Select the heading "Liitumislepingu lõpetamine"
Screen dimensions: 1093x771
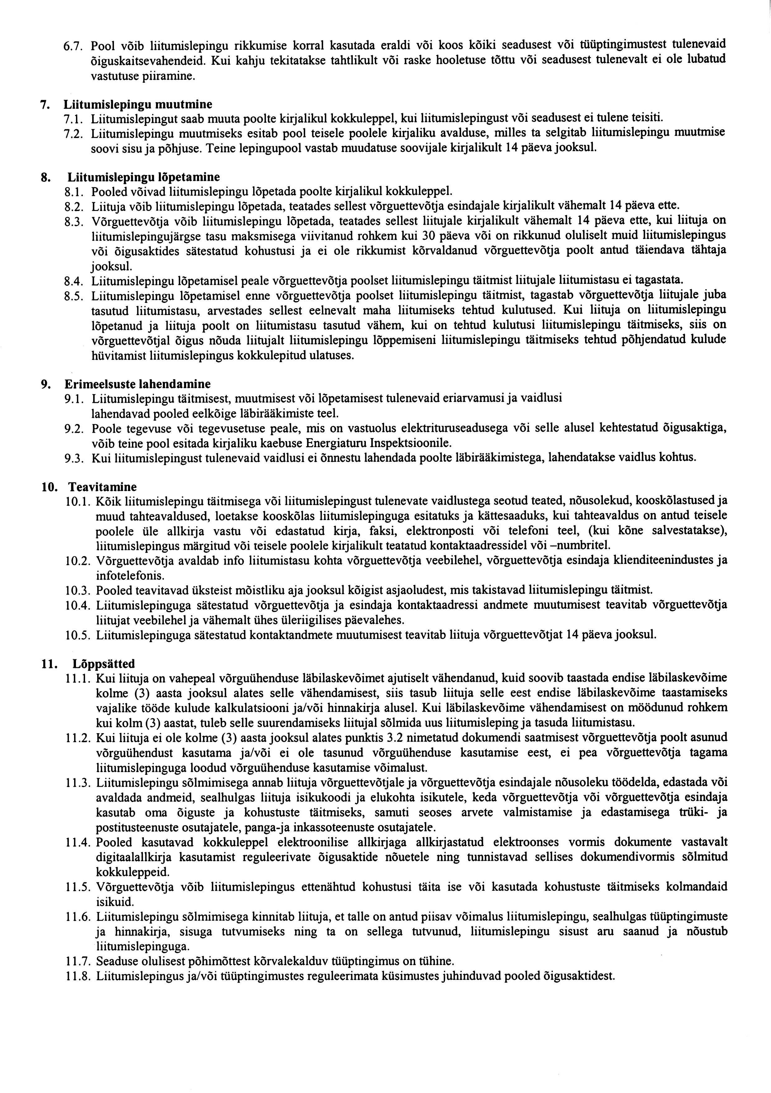[x=144, y=177]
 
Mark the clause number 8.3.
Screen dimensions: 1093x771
[x=74, y=221]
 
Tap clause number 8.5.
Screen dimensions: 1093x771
[x=74, y=296]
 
